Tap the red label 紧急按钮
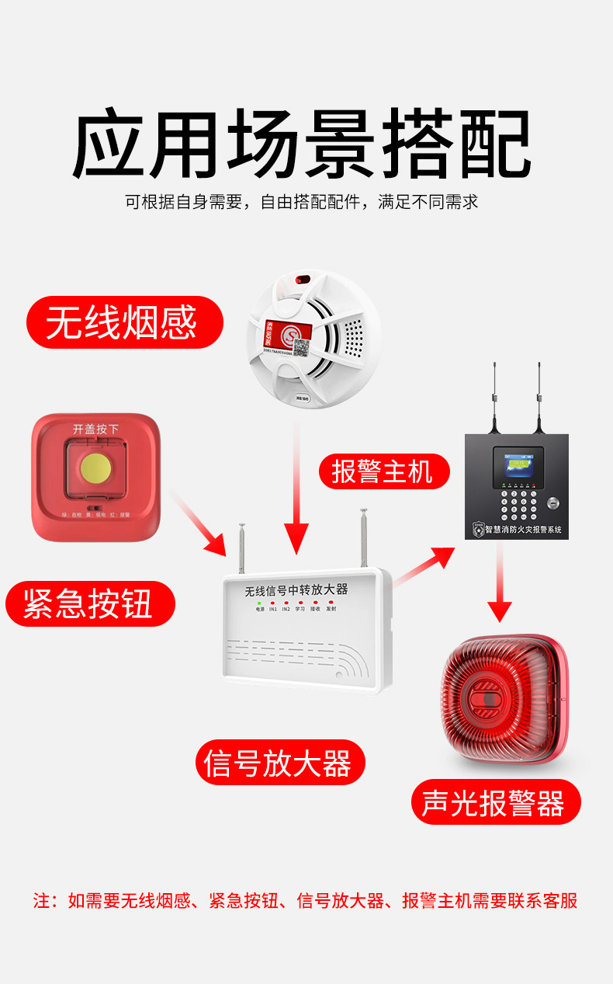tap(89, 603)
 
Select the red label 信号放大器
tap(279, 762)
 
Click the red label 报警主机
tap(383, 471)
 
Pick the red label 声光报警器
tap(495, 802)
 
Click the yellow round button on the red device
tap(95, 467)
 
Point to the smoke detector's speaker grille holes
tap(353, 336)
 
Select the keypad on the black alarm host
tap(518, 504)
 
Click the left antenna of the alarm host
tap(495, 396)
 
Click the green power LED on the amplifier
tap(260, 603)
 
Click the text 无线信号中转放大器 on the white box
tap(296, 589)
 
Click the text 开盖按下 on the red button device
tap(95, 429)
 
